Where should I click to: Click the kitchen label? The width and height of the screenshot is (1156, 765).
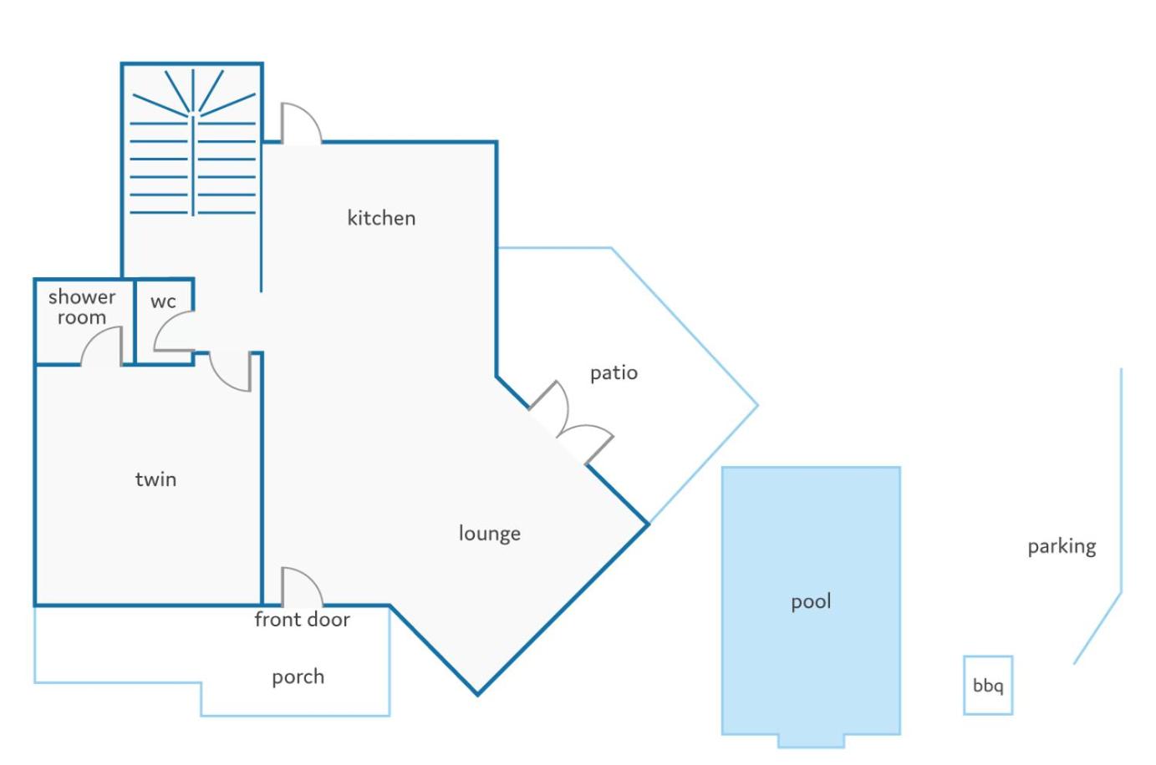(x=381, y=218)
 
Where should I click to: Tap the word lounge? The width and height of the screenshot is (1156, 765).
(x=490, y=534)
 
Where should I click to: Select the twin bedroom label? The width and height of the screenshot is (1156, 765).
(x=155, y=479)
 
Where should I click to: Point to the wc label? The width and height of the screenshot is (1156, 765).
(x=163, y=301)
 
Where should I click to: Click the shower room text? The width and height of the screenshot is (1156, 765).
(x=82, y=307)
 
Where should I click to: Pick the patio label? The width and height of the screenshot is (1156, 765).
(x=614, y=372)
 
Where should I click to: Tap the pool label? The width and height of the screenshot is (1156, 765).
(x=812, y=601)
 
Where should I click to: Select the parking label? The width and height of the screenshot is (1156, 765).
(x=1062, y=547)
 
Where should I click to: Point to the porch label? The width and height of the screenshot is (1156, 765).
(x=298, y=677)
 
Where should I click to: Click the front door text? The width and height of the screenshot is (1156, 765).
(x=303, y=619)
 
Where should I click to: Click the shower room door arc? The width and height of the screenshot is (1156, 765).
(x=94, y=337)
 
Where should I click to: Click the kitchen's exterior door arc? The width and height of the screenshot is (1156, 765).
(x=308, y=114)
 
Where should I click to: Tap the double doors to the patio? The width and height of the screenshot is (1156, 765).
(x=571, y=423)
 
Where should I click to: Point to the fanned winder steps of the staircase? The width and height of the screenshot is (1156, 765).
(x=194, y=93)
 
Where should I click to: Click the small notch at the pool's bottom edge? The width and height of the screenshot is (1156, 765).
(x=812, y=741)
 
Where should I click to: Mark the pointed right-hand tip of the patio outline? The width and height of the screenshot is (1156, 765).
(x=757, y=405)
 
